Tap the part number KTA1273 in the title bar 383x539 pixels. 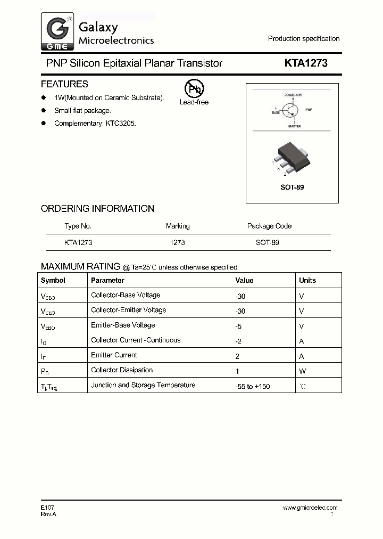coord(306,63)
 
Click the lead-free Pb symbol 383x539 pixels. coord(194,88)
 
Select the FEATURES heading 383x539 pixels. coord(64,84)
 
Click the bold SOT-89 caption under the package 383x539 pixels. coord(292,188)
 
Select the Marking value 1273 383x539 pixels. coord(177,242)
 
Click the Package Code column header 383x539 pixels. coord(269,226)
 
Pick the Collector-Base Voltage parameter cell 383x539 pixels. coord(126,295)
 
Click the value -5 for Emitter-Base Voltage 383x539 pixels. coord(239,326)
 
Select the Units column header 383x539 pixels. coord(307,280)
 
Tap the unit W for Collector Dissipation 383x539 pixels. coord(302,371)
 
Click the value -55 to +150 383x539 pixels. coord(252,386)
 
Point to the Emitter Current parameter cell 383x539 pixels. coord(114,355)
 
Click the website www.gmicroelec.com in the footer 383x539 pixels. coord(310,508)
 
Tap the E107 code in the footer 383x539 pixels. coord(47,508)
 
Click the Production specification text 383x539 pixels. coord(303,38)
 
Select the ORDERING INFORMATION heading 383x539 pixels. coord(97,209)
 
